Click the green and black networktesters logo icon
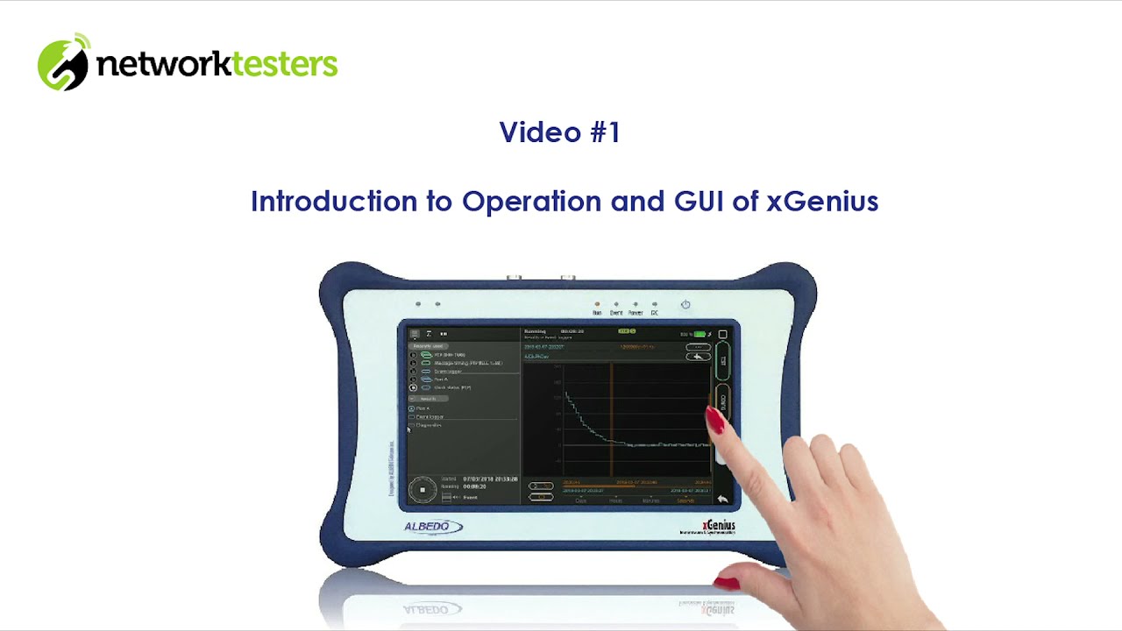(x=63, y=62)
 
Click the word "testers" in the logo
(x=283, y=63)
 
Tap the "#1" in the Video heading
(x=605, y=132)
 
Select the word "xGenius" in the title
(x=822, y=202)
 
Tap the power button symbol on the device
(x=685, y=305)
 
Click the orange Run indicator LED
(x=597, y=304)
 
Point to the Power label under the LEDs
(x=636, y=313)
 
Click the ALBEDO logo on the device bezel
(x=432, y=527)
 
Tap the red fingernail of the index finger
(x=715, y=421)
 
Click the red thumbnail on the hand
(x=726, y=582)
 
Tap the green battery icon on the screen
(x=699, y=334)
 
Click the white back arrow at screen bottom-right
(x=722, y=499)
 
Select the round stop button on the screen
(x=423, y=490)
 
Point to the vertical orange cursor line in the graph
(x=612, y=421)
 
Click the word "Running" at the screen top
(x=535, y=332)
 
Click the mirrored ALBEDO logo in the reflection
(x=432, y=608)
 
